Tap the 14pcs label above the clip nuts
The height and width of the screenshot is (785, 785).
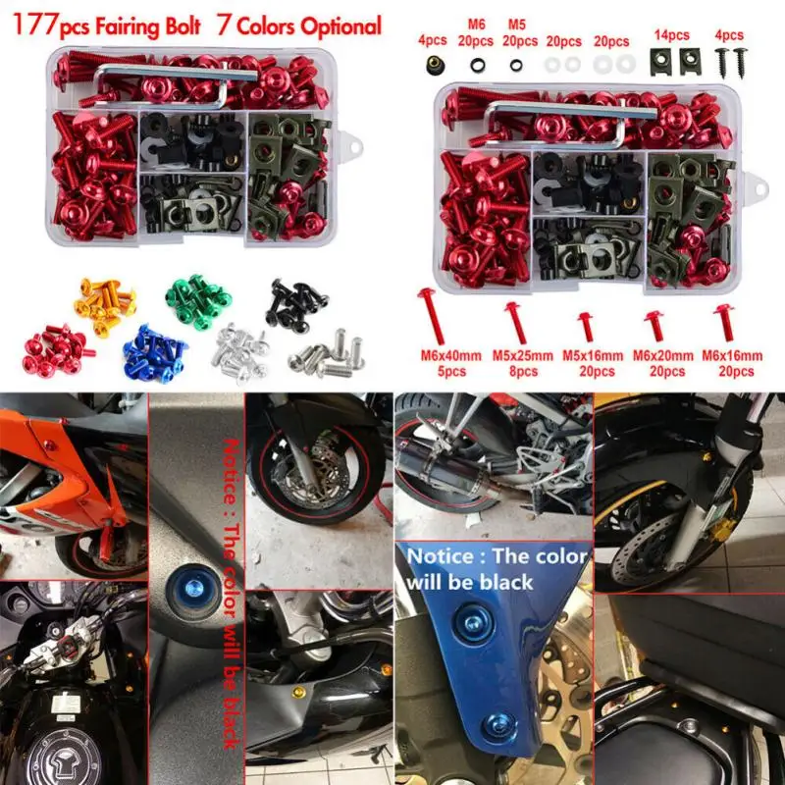[x=669, y=35]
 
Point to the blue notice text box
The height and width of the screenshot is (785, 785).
[x=496, y=568]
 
